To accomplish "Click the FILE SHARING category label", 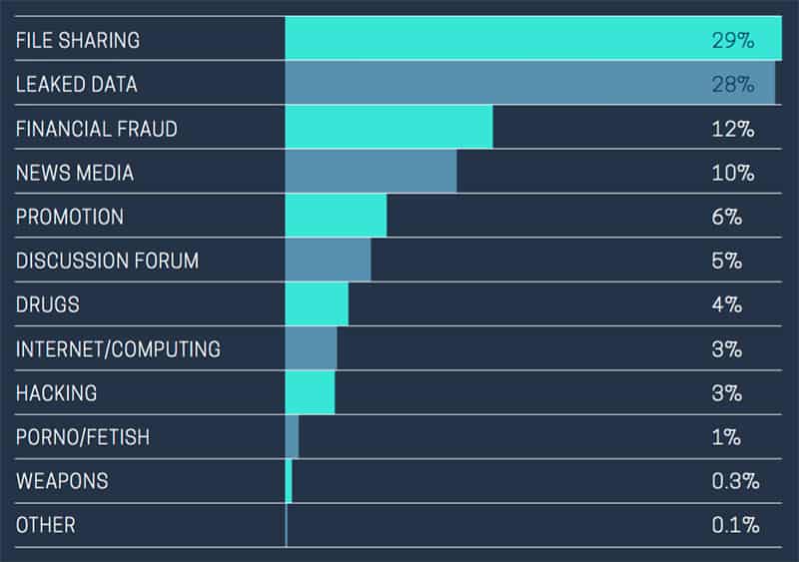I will (78, 41).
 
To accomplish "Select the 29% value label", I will (732, 41).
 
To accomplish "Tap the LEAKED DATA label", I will (77, 85).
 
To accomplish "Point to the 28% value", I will (732, 85).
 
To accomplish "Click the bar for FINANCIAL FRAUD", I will (389, 129).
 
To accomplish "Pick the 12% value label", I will (732, 129).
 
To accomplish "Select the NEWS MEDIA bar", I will (371, 173).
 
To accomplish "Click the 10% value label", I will (732, 173).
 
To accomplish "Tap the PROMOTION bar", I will (336, 217).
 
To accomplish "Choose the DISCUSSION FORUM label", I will (107, 261).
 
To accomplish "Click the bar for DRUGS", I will (317, 304).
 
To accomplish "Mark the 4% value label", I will (726, 304).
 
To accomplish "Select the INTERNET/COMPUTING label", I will (118, 348).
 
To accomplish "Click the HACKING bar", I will (310, 392).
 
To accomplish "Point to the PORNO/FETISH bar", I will (292, 436).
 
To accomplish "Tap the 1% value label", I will (726, 436).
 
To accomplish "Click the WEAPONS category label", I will (62, 481).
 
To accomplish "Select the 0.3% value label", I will (735, 481).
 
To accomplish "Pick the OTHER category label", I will (45, 525).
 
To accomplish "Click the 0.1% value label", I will (735, 525).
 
